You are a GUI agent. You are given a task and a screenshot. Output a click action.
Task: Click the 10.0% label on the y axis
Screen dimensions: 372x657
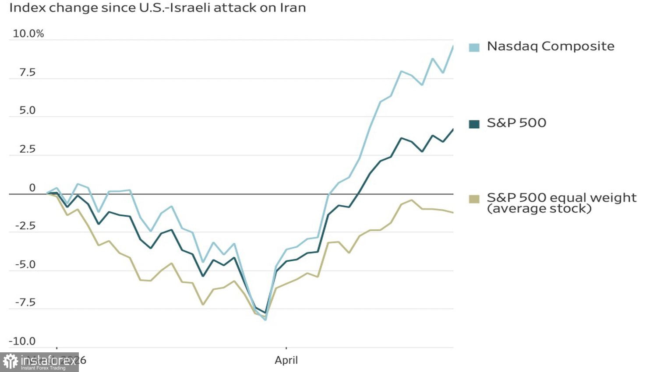(28, 34)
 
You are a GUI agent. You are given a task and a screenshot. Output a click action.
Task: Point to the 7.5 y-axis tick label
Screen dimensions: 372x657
(27, 72)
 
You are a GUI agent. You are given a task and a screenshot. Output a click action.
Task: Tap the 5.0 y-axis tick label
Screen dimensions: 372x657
(27, 111)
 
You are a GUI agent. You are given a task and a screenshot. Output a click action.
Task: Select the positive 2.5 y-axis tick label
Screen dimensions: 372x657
(27, 149)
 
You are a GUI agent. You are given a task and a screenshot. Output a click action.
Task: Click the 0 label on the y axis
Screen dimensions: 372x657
(32, 188)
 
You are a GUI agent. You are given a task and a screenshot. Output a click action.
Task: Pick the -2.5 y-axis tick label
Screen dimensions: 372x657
(25, 226)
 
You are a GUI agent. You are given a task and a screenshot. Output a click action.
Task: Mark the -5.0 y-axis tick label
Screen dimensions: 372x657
(25, 265)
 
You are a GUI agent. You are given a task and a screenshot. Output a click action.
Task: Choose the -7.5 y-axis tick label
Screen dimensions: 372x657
(25, 303)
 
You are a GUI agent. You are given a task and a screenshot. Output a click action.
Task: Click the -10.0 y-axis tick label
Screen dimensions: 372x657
(23, 341)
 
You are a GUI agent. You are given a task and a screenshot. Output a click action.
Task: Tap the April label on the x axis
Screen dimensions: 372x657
(286, 360)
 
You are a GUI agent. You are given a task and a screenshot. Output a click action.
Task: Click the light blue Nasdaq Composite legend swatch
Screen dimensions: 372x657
(474, 47)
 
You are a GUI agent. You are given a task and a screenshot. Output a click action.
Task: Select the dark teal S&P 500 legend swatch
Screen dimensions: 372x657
(474, 124)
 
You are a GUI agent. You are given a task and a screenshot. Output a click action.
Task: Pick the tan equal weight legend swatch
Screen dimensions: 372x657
(474, 199)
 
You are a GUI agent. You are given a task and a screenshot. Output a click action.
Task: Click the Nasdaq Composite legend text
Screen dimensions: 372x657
(551, 46)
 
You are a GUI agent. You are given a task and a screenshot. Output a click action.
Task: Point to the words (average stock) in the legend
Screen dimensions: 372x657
(539, 209)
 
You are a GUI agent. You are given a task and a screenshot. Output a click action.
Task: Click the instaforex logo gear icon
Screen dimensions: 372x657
(10, 361)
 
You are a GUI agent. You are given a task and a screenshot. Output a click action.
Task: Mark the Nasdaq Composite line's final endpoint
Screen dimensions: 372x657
(453, 46)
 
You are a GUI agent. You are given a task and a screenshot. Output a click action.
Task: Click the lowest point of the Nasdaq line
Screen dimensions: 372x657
(265, 320)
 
